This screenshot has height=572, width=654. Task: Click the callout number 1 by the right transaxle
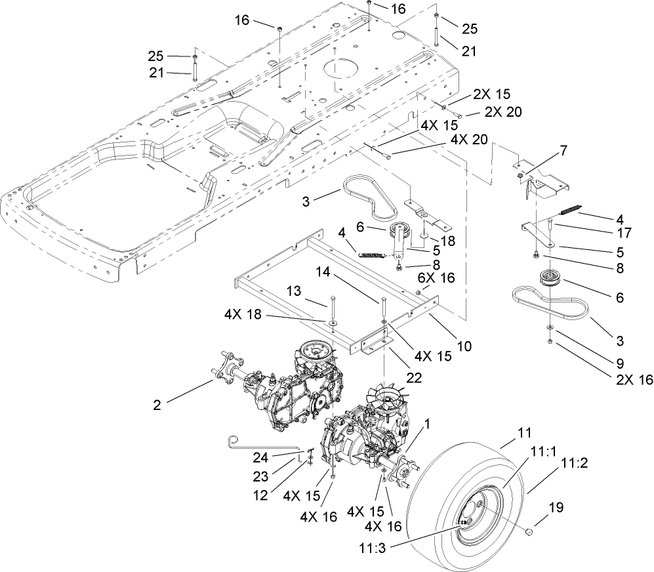(428, 424)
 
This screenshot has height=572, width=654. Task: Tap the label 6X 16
(435, 279)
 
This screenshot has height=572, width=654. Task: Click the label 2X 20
(504, 112)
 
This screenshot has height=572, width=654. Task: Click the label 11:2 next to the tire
(573, 462)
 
